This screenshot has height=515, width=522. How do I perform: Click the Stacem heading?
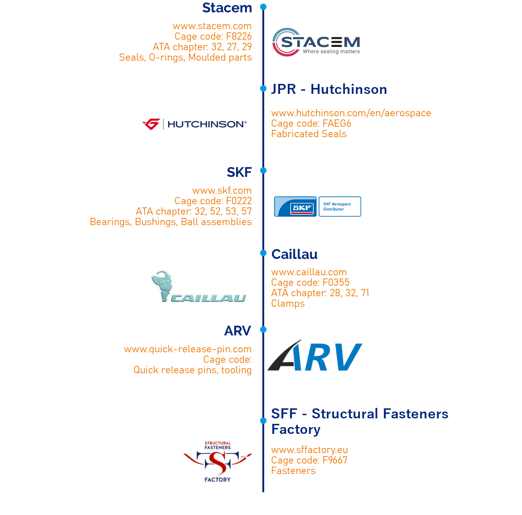(227, 8)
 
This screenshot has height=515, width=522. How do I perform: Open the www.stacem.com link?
(212, 26)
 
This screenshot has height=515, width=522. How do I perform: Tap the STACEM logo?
(317, 42)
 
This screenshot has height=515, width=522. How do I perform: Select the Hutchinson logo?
(195, 124)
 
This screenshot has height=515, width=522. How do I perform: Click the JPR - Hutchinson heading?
(329, 89)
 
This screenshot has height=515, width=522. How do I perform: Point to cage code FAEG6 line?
(311, 124)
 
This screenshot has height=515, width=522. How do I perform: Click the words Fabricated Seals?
(308, 134)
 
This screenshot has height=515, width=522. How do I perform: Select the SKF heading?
(239, 172)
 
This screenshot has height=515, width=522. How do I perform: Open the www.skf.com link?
(222, 191)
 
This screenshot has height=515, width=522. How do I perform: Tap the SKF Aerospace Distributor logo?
(317, 206)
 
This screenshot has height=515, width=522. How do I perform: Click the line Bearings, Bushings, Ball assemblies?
(170, 222)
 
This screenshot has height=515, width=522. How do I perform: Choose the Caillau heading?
(294, 254)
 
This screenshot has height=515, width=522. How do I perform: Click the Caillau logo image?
(201, 286)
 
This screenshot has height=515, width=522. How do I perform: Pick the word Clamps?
(287, 304)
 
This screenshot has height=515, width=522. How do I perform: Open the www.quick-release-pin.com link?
(188, 349)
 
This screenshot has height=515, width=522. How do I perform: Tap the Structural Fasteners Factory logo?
(217, 461)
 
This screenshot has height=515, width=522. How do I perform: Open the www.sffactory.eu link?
(309, 450)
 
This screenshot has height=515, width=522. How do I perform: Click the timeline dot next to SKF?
(263, 170)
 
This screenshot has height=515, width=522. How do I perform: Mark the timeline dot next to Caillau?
(263, 252)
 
